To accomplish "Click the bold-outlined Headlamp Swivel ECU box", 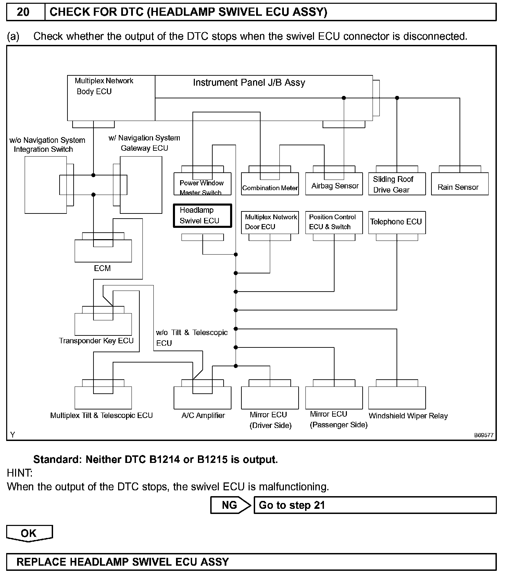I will [x=202, y=216].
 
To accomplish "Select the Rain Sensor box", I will [x=460, y=184].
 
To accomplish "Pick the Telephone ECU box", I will [x=397, y=222].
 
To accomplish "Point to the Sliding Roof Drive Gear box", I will [x=397, y=184].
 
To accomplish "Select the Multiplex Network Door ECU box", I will [x=270, y=222].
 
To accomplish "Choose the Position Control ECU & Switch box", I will [x=334, y=222].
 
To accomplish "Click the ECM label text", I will [x=102, y=268].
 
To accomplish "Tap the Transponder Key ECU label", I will [x=96, y=341].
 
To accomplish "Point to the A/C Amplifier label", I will [x=203, y=416].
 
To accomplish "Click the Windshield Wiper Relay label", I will [x=408, y=416].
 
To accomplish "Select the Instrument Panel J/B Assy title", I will [x=249, y=83].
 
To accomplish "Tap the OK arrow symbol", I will [x=29, y=533].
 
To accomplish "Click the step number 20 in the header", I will [x=23, y=12].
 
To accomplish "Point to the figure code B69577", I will [x=483, y=435].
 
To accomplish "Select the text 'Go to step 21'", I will [x=292, y=505].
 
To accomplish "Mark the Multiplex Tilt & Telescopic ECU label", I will [x=101, y=416].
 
